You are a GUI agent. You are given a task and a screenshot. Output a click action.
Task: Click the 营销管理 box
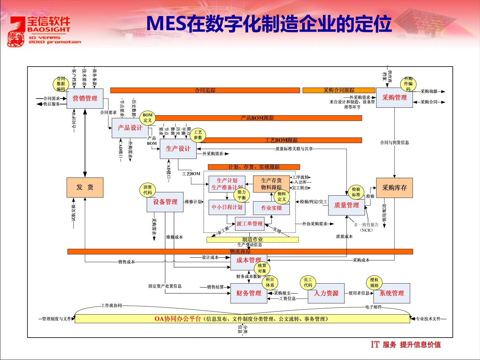[x=85, y=99]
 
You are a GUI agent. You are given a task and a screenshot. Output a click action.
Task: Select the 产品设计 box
[x=130, y=128]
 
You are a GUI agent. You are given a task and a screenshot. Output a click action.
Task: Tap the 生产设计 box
[x=178, y=149]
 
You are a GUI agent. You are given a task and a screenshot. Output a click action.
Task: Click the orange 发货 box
[x=85, y=188]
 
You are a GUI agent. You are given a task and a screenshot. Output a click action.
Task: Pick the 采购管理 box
[x=394, y=98]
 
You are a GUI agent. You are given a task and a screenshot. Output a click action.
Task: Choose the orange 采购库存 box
[x=394, y=188]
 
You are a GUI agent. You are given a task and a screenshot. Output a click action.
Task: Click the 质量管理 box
[x=346, y=205]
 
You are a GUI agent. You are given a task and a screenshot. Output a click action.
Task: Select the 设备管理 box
[x=165, y=202]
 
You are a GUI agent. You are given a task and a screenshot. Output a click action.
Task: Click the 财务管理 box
[x=249, y=293]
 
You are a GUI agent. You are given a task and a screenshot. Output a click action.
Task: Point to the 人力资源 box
[x=326, y=293]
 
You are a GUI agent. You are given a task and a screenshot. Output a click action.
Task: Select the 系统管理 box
[x=392, y=293]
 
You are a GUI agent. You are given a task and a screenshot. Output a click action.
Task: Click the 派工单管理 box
[x=250, y=224]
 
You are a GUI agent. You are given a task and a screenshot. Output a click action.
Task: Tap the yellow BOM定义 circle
[x=148, y=118]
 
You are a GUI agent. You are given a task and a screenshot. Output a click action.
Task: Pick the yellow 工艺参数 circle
[x=198, y=135]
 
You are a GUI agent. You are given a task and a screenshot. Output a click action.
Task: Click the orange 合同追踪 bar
[x=205, y=90]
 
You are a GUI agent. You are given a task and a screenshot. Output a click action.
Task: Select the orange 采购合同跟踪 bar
[x=339, y=90]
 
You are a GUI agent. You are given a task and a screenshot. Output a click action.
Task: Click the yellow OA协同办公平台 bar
[x=242, y=319]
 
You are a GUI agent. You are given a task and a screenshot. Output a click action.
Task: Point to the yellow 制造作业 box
[x=252, y=240]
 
